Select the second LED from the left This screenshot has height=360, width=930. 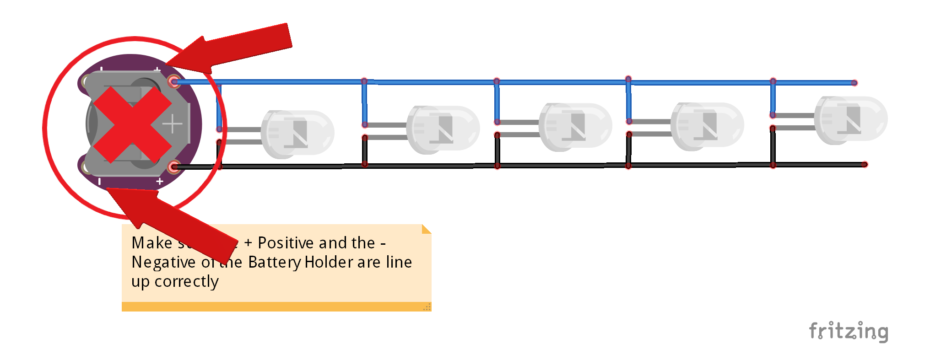[x=443, y=129]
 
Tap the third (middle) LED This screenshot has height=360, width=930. [x=575, y=127]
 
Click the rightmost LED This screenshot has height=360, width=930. [x=850, y=120]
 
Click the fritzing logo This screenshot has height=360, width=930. [x=848, y=331]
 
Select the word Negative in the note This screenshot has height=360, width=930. [x=163, y=262]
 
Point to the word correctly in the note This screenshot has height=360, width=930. [x=186, y=282]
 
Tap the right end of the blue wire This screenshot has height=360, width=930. [x=854, y=83]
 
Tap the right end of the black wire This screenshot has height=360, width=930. [x=864, y=164]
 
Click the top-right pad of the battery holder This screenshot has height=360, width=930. [x=173, y=81]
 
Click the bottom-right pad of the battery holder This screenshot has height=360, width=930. [x=173, y=167]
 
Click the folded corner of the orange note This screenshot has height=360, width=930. [x=426, y=229]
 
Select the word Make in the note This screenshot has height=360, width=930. [x=152, y=243]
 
